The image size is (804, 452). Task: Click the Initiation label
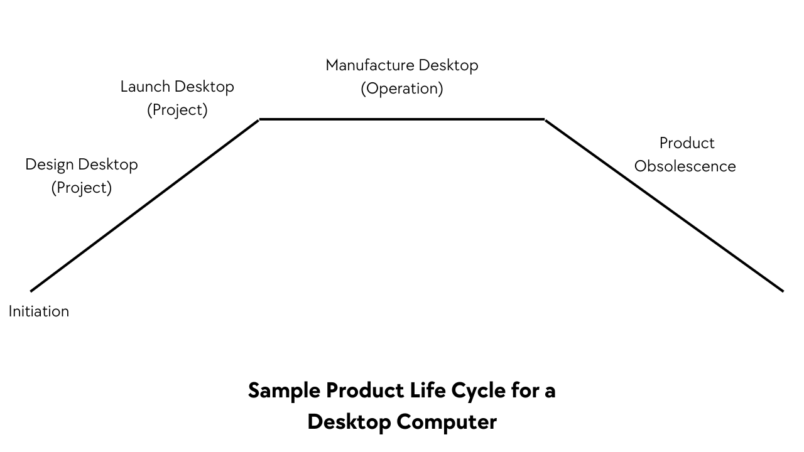(x=39, y=311)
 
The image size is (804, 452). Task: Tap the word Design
(x=49, y=164)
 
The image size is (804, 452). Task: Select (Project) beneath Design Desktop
(x=82, y=188)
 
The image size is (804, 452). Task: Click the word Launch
(x=145, y=87)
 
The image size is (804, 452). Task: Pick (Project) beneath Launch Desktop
(x=177, y=110)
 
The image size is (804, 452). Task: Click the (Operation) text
(x=402, y=89)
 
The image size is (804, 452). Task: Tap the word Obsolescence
(x=685, y=166)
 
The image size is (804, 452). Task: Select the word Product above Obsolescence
(x=687, y=143)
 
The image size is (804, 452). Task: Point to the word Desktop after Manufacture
(x=448, y=65)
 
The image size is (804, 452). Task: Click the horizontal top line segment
(x=402, y=119)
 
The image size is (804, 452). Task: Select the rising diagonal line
(x=144, y=205)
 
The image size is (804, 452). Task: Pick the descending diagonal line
(x=664, y=205)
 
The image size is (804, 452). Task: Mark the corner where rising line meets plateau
(x=259, y=119)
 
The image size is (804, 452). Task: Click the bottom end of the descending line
(x=783, y=291)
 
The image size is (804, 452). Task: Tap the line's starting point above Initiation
(x=31, y=291)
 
